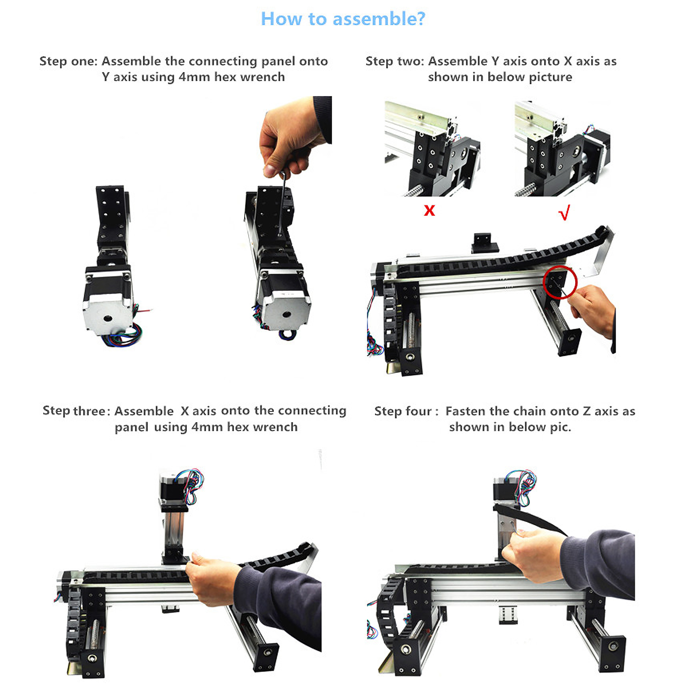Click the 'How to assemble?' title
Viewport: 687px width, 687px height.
point(343,19)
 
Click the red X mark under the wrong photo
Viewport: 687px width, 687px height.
point(429,210)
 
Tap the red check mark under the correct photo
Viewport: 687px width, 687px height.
point(564,213)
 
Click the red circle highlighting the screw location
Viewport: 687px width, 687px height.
point(560,282)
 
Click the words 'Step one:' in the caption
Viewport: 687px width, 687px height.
point(68,61)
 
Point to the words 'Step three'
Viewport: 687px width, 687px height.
point(74,411)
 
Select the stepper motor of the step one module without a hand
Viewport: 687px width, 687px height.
point(108,302)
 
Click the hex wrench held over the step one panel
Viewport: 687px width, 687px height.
point(282,202)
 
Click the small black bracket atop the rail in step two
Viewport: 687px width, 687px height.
point(485,243)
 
